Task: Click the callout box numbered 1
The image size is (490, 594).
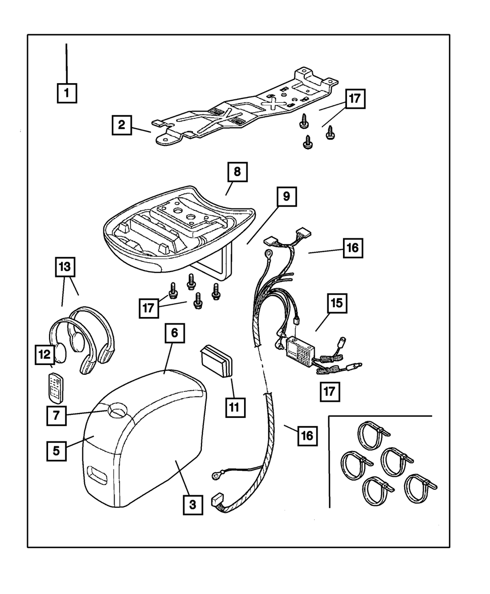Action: (67, 93)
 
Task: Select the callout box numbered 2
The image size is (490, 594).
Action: (122, 125)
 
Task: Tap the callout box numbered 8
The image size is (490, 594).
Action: (238, 172)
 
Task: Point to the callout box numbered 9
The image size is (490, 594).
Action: (287, 197)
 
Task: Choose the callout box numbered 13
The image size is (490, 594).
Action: (65, 267)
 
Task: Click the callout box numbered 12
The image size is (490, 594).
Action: (45, 354)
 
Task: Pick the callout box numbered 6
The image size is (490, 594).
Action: (174, 333)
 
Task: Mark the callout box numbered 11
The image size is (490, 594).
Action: (235, 408)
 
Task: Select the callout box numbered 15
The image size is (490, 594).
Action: (337, 303)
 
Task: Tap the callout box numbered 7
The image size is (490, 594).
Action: (56, 415)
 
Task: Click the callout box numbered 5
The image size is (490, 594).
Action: (56, 451)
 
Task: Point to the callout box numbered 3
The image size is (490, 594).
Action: (193, 505)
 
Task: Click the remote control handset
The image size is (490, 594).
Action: (55, 388)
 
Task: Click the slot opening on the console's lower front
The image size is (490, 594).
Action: (98, 474)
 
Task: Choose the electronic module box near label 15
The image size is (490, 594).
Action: (300, 350)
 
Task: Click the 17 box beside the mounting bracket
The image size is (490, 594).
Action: (355, 99)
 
